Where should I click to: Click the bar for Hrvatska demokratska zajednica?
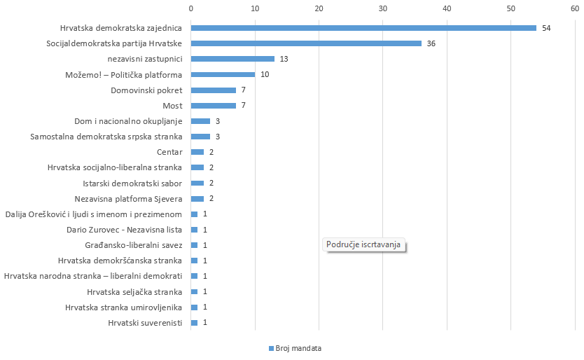(x=363, y=28)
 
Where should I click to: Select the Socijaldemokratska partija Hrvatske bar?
(x=305, y=43)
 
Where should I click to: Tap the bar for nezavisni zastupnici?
(x=232, y=59)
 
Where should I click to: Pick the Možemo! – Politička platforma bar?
(x=223, y=74)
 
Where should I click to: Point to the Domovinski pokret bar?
(x=213, y=90)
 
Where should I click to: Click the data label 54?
(x=546, y=28)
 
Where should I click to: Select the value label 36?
(x=431, y=43)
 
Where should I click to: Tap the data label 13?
(x=284, y=59)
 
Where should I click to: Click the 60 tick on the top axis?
(x=574, y=8)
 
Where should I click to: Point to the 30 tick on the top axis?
(x=382, y=8)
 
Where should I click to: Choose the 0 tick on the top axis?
(x=190, y=8)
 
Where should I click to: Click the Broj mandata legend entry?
(x=295, y=348)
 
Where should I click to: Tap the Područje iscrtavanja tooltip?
(x=366, y=245)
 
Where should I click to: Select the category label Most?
(x=172, y=106)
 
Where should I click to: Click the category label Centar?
(x=170, y=152)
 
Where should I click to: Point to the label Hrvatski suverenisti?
(x=145, y=323)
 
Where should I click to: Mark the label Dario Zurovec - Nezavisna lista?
(x=125, y=230)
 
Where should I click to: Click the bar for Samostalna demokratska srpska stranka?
(x=200, y=137)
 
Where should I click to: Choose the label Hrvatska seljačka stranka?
(x=134, y=291)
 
